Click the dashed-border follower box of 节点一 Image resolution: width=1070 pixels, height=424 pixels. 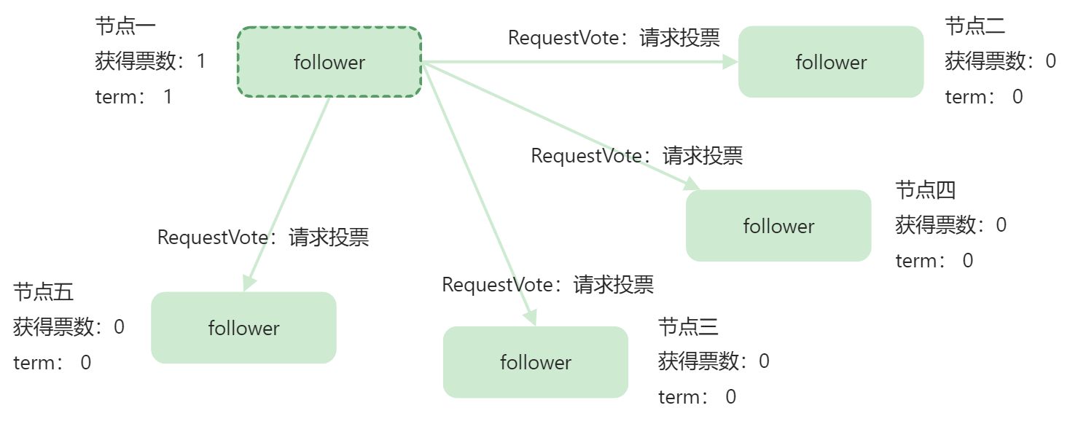coord(329,62)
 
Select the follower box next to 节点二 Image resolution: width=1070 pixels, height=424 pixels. coord(831,62)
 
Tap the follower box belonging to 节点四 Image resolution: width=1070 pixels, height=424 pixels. coord(778,226)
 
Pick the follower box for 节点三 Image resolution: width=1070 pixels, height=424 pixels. coord(536,362)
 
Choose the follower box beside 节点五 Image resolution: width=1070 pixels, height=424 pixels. coord(243,328)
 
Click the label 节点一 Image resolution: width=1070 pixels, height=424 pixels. coord(125,26)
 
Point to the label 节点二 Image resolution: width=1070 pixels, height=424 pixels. coord(975,26)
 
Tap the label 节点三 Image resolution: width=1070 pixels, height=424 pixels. coord(688,326)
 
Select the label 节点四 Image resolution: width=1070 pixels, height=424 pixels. coord(925,190)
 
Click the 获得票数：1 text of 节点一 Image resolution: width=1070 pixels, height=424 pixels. coord(150,61)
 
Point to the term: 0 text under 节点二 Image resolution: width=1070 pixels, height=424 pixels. coord(984,97)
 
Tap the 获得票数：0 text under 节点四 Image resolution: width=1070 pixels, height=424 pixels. coord(950,225)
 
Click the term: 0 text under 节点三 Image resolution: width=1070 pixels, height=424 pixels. coord(697,397)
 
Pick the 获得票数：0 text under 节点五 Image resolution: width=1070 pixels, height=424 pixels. coord(69,327)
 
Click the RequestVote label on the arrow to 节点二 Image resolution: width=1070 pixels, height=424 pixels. coord(614,38)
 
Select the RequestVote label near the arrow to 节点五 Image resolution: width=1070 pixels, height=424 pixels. coord(263,237)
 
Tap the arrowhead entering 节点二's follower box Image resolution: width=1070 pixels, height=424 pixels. coord(731,62)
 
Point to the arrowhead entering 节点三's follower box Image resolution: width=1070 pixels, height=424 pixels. coord(531,318)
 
